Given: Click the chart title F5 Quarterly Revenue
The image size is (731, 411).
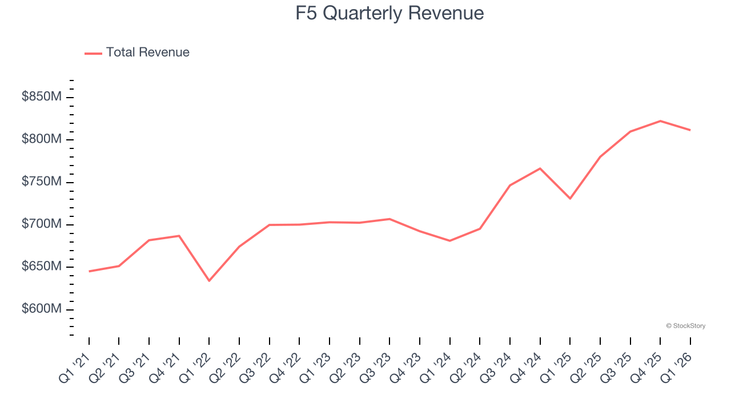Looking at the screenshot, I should (389, 13).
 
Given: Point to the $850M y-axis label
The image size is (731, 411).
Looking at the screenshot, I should (42, 97).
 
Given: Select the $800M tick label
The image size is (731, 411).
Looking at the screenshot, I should (42, 139).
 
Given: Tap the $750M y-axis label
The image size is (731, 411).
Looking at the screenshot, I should (42, 182).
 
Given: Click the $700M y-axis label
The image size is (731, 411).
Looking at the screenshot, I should (42, 224).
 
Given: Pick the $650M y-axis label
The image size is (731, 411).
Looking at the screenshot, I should (42, 267).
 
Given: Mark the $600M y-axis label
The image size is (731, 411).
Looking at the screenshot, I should (42, 309).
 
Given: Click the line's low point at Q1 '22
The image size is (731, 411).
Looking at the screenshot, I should (209, 281).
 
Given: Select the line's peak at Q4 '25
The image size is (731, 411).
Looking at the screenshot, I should (660, 121).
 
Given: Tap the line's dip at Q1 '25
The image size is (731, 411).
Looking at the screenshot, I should (570, 199).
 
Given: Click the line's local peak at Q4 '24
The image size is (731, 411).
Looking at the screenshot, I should (540, 168).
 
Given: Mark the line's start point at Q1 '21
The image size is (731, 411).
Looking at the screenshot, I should (89, 271).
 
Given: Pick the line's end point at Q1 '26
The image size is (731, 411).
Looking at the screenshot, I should (690, 130).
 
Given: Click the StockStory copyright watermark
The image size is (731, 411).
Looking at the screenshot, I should (685, 326).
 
